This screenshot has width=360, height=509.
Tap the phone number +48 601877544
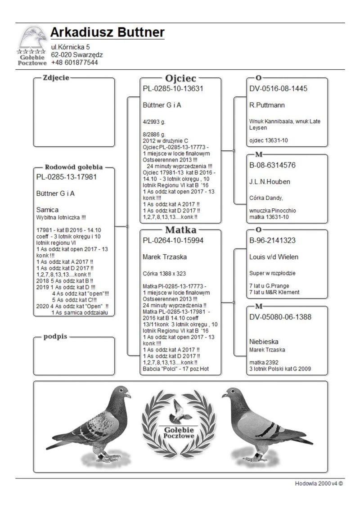pos(74,63)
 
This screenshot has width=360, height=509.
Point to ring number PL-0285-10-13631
pos(173,89)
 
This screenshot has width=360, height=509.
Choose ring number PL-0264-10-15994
pos(173,241)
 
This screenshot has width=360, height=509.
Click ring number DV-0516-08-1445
pos(278,89)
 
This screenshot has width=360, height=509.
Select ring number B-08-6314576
pos(273,165)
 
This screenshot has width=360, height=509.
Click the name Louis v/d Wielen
pos(274,257)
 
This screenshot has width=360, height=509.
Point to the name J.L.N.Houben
pos(270,182)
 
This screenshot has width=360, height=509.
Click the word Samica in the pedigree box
pos(47,210)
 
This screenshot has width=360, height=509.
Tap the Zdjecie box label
pos(56,78)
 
